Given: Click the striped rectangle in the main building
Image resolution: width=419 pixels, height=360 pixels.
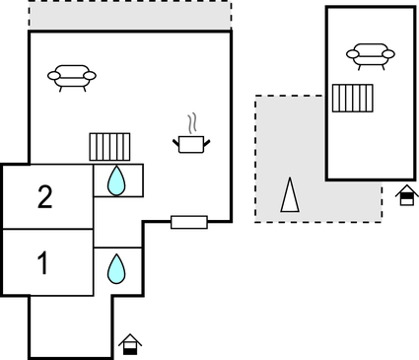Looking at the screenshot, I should point(110,147).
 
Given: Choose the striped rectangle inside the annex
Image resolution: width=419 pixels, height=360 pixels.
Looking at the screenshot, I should point(353,99).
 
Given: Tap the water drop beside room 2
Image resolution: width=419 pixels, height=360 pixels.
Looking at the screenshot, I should point(116,180).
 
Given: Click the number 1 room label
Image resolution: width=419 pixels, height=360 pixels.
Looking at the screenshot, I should point(42,263).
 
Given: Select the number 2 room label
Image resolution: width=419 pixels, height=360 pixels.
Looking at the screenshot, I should point(44,197).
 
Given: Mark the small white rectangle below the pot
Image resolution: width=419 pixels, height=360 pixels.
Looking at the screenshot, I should point(188,222).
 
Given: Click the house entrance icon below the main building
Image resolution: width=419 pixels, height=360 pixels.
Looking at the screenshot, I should point(130,344).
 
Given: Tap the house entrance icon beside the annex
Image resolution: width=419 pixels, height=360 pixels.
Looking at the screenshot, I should point(405,195).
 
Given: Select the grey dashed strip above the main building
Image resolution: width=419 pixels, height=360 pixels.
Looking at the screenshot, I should point(129,16).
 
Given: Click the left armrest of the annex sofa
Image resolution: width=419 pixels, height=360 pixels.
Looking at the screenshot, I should point(351,55).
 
